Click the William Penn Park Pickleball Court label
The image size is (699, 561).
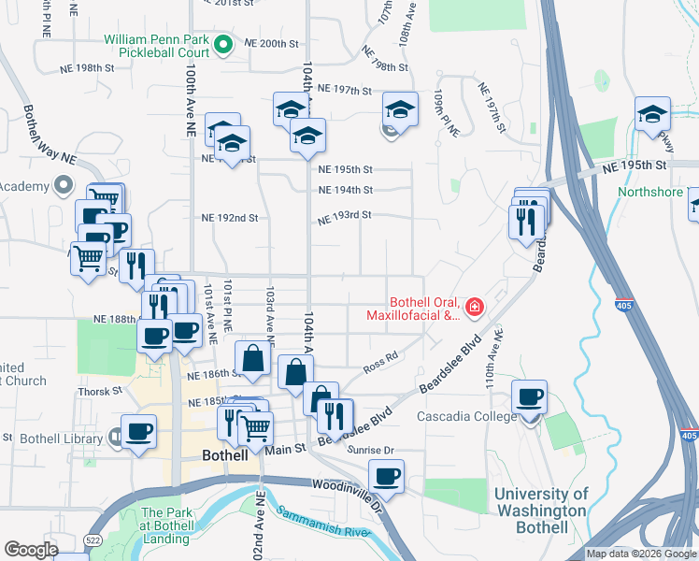[x=157, y=50]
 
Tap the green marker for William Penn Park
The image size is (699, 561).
[x=223, y=43]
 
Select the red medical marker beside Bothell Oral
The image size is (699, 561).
[x=475, y=307]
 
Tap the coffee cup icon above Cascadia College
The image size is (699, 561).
[x=530, y=396]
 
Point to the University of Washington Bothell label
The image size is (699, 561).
[x=540, y=511]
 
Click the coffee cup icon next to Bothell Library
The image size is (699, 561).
[x=139, y=431]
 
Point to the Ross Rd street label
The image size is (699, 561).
[x=381, y=362]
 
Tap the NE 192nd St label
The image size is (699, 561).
[x=230, y=218]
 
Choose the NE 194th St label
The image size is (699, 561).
[x=345, y=190]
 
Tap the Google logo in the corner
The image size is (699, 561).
[x=31, y=550]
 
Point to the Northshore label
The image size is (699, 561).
[x=651, y=193]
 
